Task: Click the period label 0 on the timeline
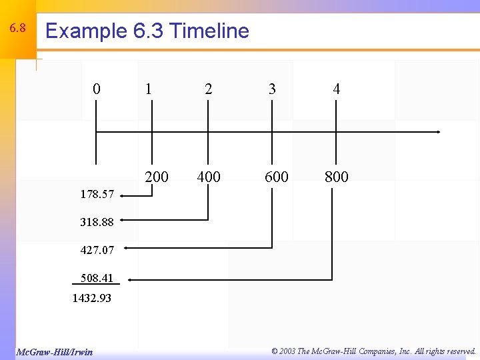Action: tap(97, 89)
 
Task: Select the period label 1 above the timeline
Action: tap(148, 89)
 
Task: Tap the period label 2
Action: tap(209, 89)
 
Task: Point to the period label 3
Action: tap(272, 89)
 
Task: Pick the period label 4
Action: tap(337, 89)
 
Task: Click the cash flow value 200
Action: tap(157, 177)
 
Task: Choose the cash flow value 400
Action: tap(209, 177)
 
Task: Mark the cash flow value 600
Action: tap(277, 177)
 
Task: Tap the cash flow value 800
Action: tap(336, 177)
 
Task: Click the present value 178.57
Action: tap(97, 195)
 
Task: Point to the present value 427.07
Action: tap(97, 251)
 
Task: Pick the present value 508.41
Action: tap(97, 278)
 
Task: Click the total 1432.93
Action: tap(92, 299)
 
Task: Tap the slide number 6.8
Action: tap(17, 29)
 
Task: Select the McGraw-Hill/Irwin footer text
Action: tap(54, 351)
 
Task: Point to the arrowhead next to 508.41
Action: tap(130, 279)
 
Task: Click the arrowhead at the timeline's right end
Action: tap(438, 132)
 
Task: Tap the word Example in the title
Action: tap(85, 31)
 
